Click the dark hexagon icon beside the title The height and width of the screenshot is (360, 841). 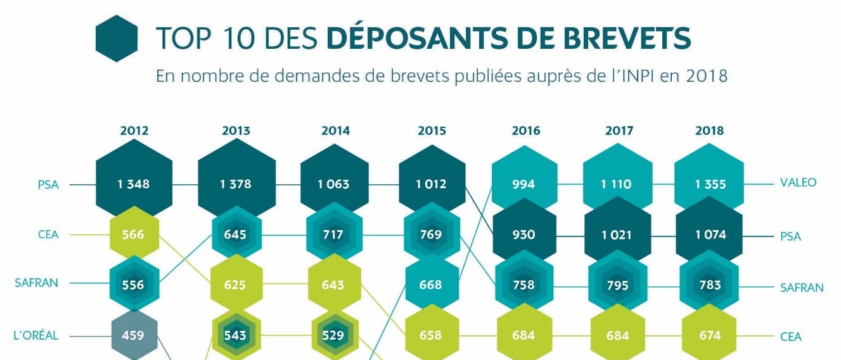117,39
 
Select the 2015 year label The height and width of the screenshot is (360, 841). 432,131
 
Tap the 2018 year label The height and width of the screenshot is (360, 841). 709,131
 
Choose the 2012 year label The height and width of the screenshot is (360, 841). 134,131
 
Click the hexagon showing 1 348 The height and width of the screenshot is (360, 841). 134,184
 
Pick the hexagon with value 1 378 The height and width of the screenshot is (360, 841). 236,184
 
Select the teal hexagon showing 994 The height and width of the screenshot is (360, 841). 523,184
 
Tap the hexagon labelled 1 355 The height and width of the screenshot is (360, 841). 709,184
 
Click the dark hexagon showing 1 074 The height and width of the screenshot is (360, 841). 709,235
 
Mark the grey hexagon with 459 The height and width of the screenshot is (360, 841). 133,335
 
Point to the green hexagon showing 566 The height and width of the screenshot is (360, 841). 133,235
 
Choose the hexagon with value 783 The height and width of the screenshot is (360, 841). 710,285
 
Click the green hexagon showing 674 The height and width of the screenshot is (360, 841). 710,335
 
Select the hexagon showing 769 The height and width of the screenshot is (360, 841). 431,235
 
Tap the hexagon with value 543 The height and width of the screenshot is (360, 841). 235,335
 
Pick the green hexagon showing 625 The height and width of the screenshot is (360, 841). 235,285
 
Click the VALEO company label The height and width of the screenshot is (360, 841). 798,183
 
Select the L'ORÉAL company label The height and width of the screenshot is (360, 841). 36,335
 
